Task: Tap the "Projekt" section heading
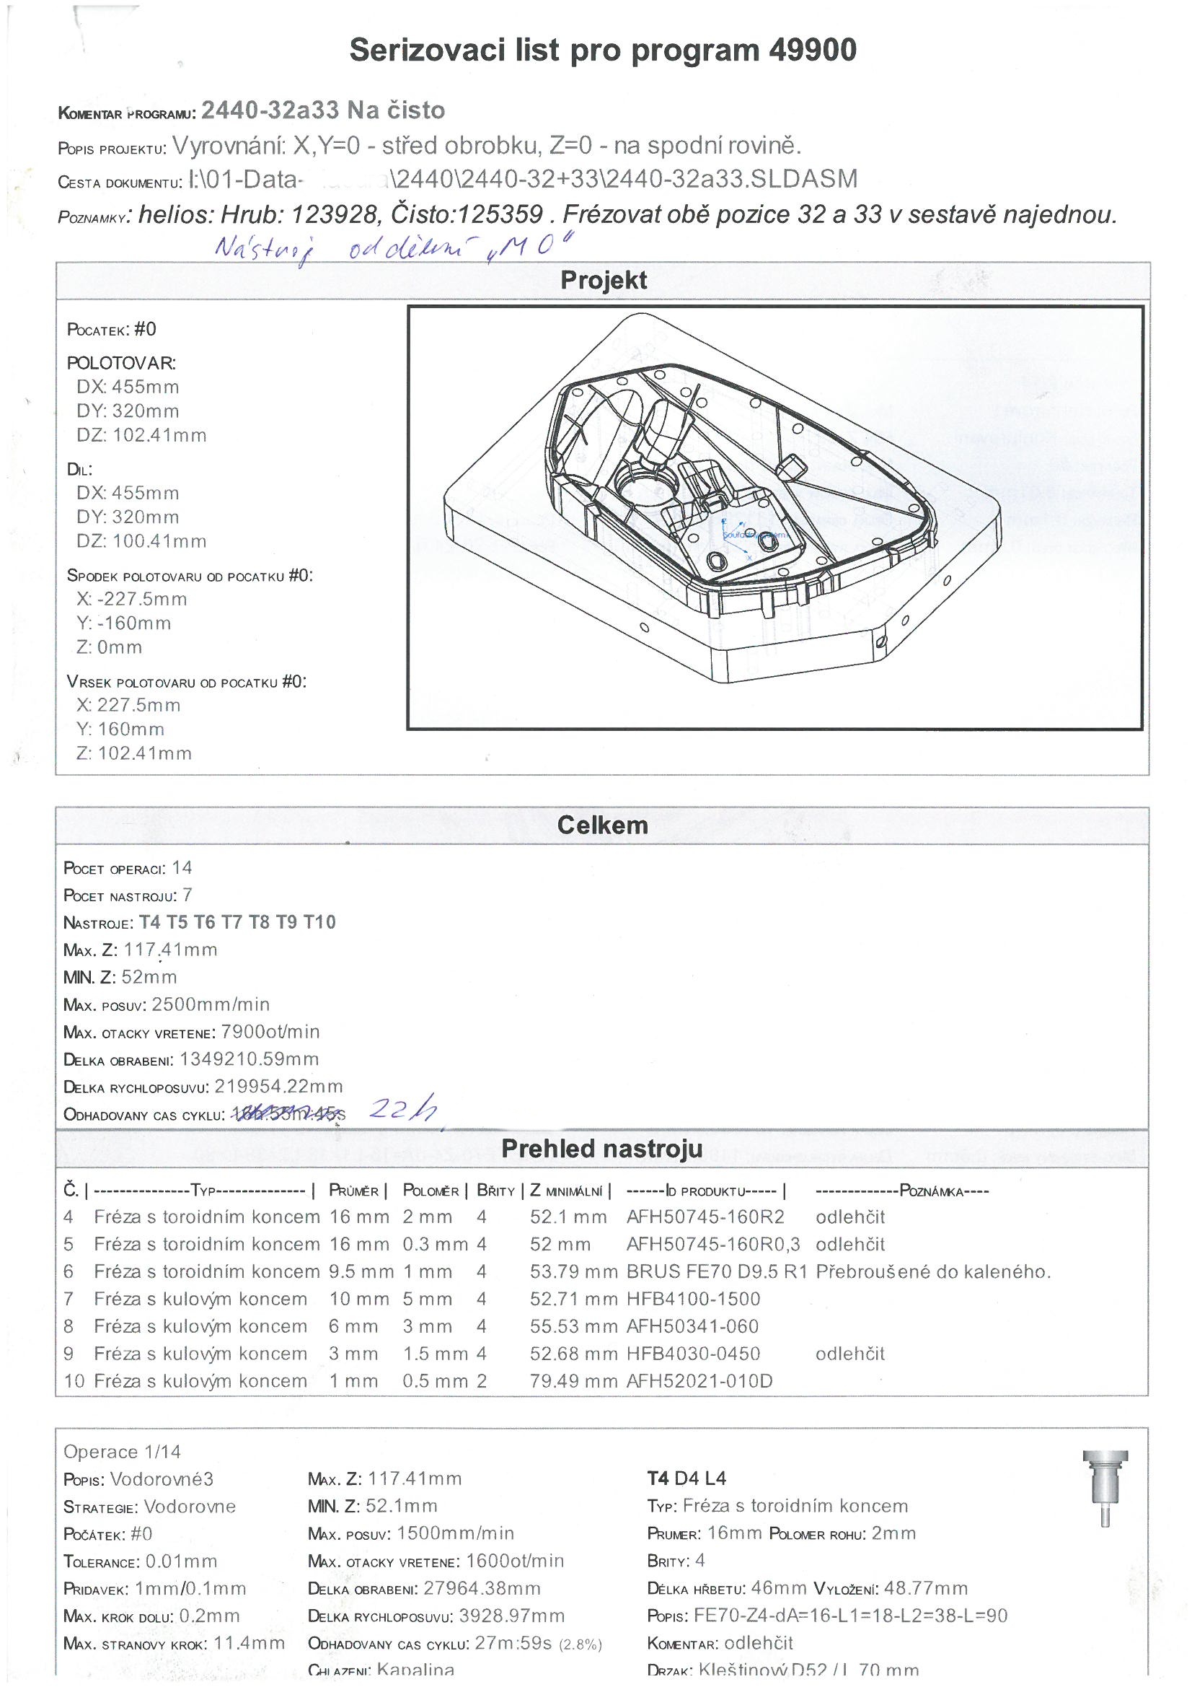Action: point(603,280)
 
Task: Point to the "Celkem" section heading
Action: point(602,825)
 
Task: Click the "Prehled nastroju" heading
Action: point(601,1149)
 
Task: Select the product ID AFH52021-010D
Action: point(699,1380)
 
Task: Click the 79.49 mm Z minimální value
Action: point(573,1380)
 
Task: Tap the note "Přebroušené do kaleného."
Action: point(932,1271)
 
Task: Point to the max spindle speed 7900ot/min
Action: point(270,1032)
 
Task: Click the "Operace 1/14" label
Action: point(122,1451)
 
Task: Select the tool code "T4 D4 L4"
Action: point(686,1478)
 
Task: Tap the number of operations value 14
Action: point(182,868)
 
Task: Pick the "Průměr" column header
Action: point(353,1191)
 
